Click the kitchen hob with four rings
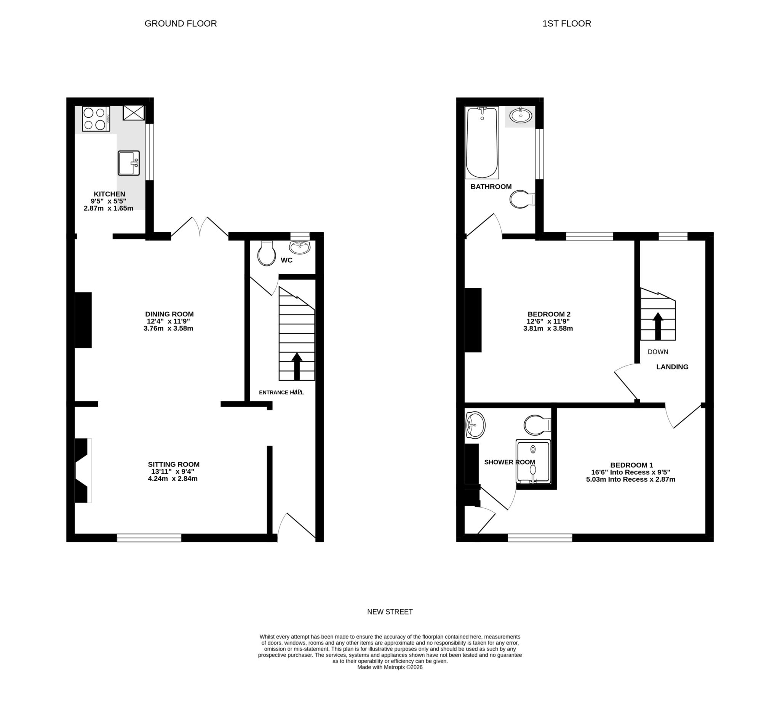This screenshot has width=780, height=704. (96, 119)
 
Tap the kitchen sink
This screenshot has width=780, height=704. (128, 163)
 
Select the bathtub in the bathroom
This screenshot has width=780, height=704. (482, 142)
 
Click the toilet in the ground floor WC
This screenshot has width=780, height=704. (267, 254)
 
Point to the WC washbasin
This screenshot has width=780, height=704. (299, 247)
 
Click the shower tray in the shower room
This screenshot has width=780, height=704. (533, 461)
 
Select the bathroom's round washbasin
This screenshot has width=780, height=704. (521, 115)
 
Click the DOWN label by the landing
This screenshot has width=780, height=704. (658, 351)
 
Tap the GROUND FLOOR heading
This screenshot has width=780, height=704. (181, 24)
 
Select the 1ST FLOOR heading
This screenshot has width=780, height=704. (566, 24)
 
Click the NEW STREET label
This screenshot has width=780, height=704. (390, 611)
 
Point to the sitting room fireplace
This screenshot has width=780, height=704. (83, 470)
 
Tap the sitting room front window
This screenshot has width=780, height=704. (149, 538)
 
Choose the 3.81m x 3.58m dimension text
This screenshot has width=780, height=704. (548, 329)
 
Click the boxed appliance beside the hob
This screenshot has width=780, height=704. (133, 113)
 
